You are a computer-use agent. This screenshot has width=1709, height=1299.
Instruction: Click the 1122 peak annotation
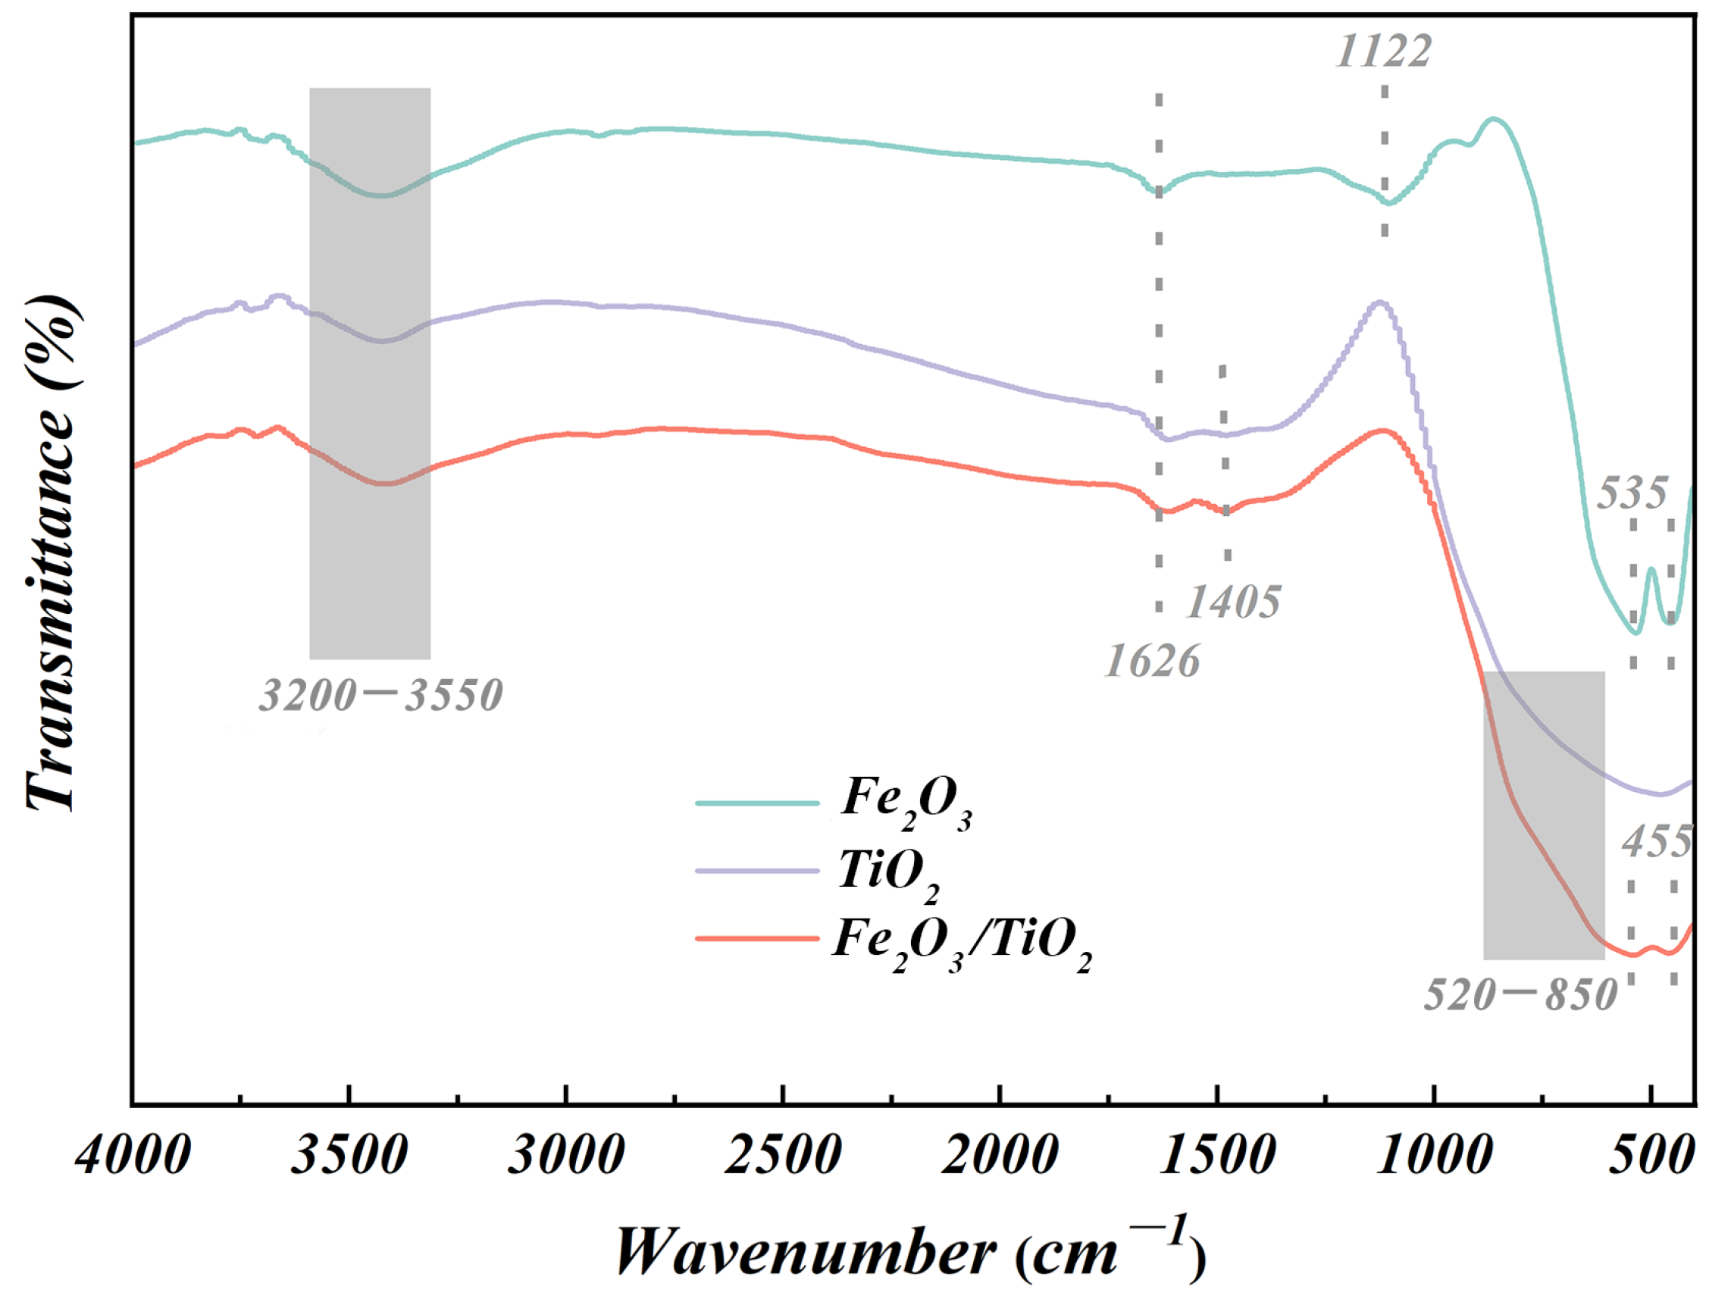[1383, 52]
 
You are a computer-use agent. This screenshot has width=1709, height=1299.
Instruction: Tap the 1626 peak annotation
[1152, 662]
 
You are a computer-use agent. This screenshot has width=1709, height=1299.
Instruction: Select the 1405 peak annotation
[1232, 602]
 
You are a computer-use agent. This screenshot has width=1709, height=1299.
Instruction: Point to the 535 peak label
[1632, 493]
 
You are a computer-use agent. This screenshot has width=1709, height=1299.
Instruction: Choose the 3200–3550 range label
[380, 695]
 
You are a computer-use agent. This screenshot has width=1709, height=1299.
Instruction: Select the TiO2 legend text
[889, 875]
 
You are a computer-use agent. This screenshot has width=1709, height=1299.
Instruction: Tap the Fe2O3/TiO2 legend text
[962, 944]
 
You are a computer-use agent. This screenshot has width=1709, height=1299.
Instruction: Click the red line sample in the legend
[757, 939]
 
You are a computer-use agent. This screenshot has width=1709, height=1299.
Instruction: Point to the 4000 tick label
[133, 1157]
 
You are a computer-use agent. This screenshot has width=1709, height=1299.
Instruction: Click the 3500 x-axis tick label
[349, 1157]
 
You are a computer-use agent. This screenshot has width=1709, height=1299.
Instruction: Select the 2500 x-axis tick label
[783, 1157]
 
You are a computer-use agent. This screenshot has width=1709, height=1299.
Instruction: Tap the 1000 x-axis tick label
[1434, 1157]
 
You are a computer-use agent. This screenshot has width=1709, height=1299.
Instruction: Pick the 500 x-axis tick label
[1650, 1157]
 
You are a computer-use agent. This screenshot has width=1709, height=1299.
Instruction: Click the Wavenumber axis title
[909, 1251]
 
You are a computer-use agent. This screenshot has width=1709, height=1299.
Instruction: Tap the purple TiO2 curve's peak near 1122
[1379, 303]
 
